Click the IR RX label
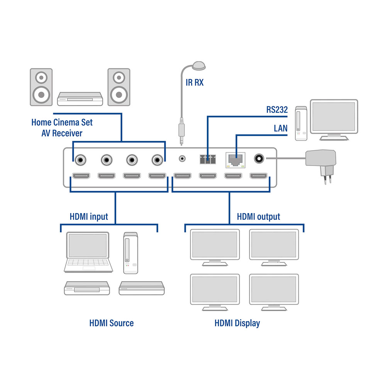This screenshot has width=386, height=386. (x=195, y=83)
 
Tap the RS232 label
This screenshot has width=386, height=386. (x=277, y=110)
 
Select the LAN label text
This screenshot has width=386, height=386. (x=281, y=128)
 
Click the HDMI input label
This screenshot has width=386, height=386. (x=89, y=217)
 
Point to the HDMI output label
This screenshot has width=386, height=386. (x=259, y=217)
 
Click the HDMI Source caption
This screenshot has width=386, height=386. (x=112, y=323)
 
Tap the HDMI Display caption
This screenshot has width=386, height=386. (x=237, y=323)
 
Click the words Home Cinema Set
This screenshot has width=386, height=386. (x=62, y=122)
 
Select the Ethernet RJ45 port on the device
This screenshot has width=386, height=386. (x=235, y=160)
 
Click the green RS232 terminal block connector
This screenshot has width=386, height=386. (x=208, y=159)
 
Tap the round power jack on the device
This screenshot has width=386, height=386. (x=259, y=159)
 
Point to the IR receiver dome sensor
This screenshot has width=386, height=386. (x=199, y=66)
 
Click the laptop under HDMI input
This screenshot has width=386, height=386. (x=88, y=252)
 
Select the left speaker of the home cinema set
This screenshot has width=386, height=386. (x=41, y=87)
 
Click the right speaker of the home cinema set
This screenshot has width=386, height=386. (x=119, y=87)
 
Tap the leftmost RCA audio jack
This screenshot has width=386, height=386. (x=81, y=160)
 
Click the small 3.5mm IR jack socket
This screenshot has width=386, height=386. (x=182, y=158)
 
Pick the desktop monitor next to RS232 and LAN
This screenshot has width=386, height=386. (x=334, y=120)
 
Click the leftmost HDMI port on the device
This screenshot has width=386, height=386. (x=81, y=176)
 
